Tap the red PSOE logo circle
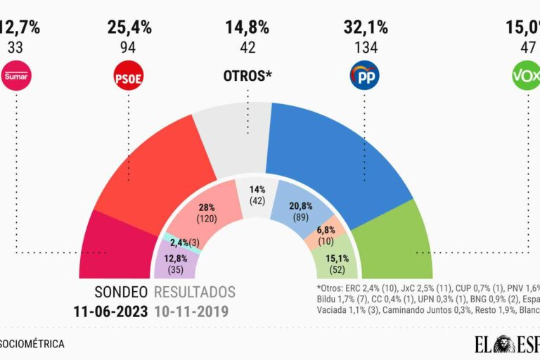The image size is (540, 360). tap(128, 76)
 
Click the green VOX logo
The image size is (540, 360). tap(526, 76)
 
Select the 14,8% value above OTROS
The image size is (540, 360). tap(247, 28)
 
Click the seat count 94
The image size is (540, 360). tap(128, 49)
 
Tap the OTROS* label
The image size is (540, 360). tap(247, 75)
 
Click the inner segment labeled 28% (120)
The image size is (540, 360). tap(207, 211)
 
